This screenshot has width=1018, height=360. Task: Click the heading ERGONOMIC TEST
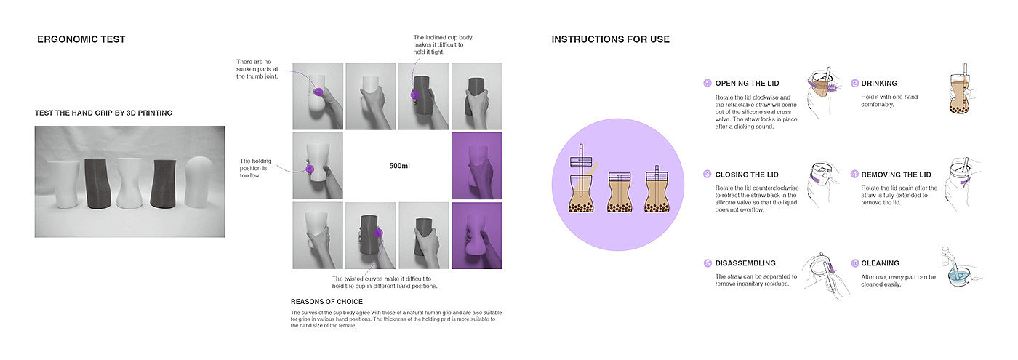(x=81, y=39)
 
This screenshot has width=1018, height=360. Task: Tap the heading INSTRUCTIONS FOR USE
(x=610, y=39)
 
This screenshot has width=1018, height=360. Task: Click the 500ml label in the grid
(x=399, y=166)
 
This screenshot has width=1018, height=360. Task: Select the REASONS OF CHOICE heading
(x=326, y=302)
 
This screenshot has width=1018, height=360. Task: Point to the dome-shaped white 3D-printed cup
(x=198, y=181)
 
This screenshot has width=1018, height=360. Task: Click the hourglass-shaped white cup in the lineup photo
(x=129, y=183)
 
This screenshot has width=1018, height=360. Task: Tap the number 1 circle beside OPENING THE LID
(x=707, y=83)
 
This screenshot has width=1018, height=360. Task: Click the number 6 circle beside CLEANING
(x=855, y=263)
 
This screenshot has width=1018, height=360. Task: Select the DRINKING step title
(x=879, y=84)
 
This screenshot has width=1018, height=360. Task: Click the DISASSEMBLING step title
(x=745, y=263)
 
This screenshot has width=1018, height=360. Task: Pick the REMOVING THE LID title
(x=896, y=175)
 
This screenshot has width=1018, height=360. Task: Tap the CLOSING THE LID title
(x=747, y=175)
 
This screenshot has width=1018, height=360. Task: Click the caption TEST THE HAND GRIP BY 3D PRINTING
(x=103, y=113)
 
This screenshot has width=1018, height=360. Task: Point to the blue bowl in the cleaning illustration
(x=959, y=276)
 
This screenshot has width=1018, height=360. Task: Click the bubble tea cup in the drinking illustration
(x=959, y=94)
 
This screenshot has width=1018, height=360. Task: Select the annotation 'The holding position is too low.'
(x=255, y=168)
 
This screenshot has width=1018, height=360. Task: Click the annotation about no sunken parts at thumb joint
(x=257, y=69)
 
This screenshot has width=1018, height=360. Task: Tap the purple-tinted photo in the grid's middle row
(x=476, y=166)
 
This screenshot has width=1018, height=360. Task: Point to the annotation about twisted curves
(x=385, y=282)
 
